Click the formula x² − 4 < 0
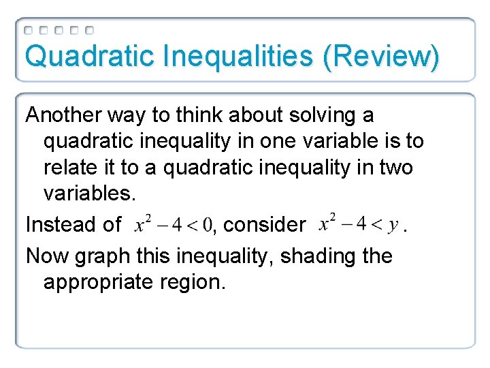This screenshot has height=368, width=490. point(174,224)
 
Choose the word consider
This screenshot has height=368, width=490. point(265,224)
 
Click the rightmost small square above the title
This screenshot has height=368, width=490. point(90,30)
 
